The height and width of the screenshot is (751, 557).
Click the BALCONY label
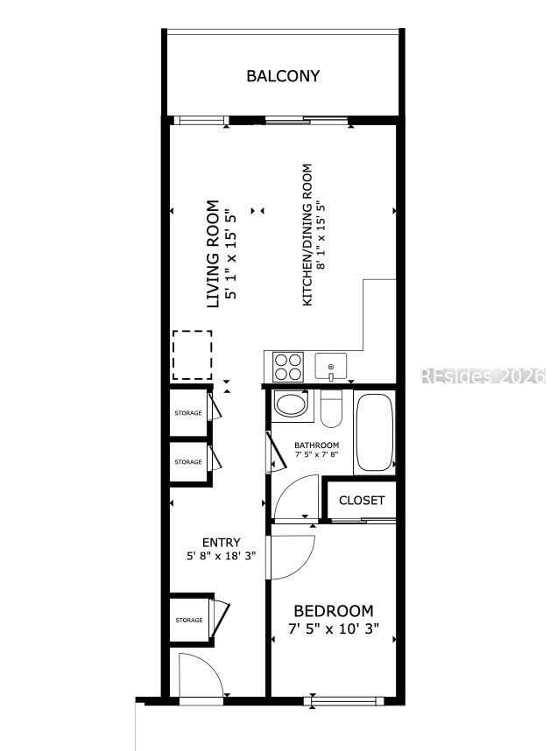(283, 76)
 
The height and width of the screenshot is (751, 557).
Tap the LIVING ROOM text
(212, 254)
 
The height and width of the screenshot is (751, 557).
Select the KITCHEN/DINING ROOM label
(307, 235)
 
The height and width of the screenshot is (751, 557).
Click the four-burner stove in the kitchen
(287, 367)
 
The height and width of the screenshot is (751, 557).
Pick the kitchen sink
(331, 367)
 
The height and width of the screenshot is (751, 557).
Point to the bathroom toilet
(330, 408)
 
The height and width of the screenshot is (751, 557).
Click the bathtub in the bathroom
(375, 432)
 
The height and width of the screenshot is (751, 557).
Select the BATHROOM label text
(316, 445)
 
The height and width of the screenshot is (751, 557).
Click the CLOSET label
(362, 501)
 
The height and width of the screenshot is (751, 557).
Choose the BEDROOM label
(334, 611)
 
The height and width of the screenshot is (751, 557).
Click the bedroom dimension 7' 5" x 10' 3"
(334, 628)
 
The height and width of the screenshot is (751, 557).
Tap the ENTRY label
(221, 543)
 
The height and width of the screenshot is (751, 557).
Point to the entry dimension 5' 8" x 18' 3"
(221, 556)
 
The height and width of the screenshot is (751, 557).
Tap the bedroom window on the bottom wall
(343, 701)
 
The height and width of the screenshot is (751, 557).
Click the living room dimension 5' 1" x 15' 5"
(231, 254)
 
